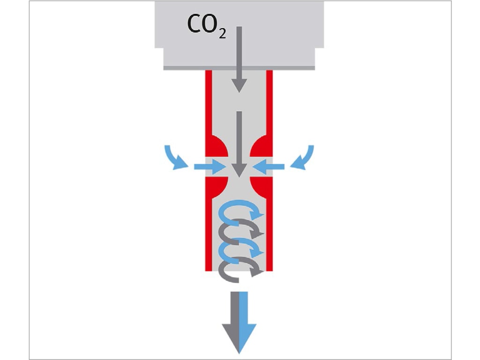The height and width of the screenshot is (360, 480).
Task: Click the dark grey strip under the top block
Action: point(239,67)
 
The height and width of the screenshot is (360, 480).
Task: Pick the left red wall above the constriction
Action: point(209,103)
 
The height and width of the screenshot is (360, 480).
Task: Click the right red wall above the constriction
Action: point(270,103)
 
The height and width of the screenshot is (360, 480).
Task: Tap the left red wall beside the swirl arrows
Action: point(209,234)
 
